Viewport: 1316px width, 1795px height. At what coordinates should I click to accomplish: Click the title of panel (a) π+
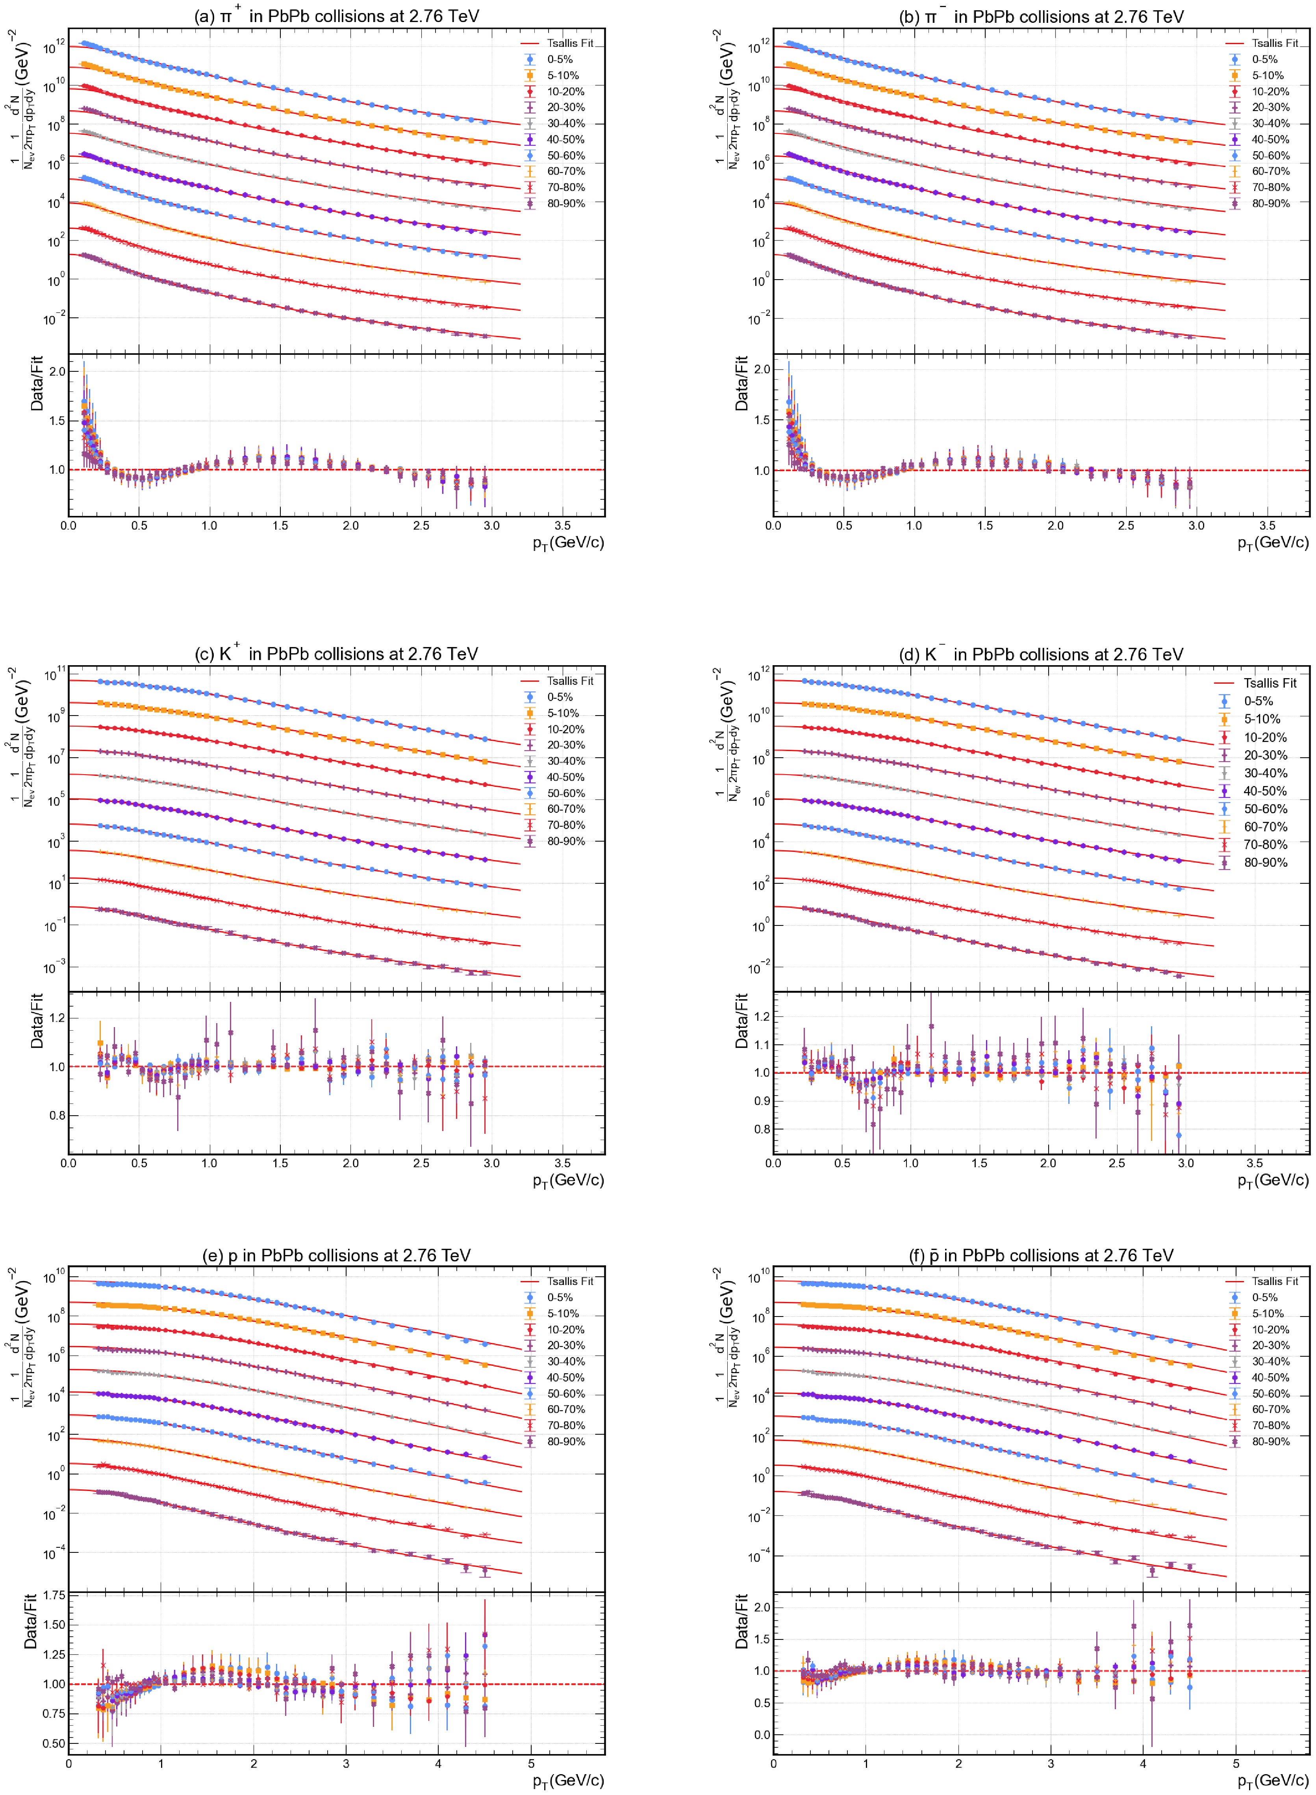click(x=336, y=16)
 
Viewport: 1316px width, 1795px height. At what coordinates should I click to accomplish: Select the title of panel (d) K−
click(x=1040, y=654)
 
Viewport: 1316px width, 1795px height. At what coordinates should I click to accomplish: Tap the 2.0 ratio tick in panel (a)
click(x=56, y=371)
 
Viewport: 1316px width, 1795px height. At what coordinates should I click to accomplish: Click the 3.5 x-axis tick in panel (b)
click(x=1267, y=526)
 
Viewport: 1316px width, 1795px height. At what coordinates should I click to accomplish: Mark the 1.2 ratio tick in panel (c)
click(x=56, y=1017)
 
